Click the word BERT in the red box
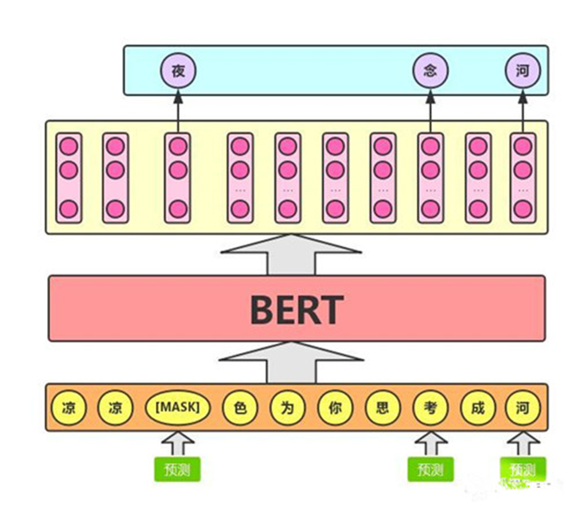(x=296, y=309)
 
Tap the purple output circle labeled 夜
(x=178, y=70)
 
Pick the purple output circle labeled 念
(x=429, y=70)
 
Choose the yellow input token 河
(x=523, y=408)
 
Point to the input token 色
(x=238, y=408)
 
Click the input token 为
(x=286, y=408)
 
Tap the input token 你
(x=334, y=408)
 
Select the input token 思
(x=382, y=408)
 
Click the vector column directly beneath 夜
(x=178, y=178)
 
